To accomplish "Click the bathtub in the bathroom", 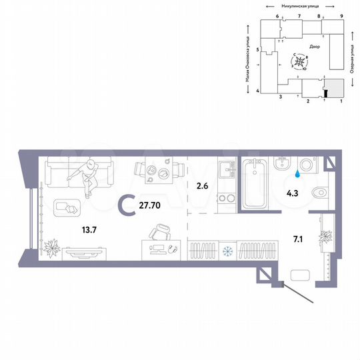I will click(255, 184).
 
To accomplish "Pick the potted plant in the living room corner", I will click(51, 249).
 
